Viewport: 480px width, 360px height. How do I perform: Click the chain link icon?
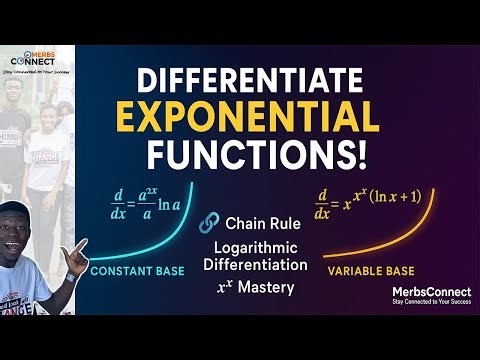click(x=209, y=222)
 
